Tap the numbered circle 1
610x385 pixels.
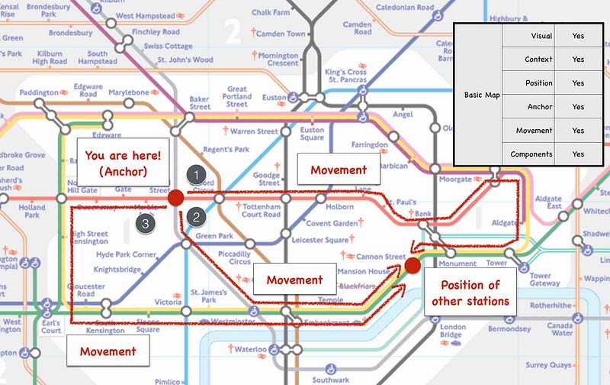point(197,175)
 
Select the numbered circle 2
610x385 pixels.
point(197,217)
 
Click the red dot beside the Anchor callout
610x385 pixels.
point(175,198)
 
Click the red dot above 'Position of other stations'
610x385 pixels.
point(413,265)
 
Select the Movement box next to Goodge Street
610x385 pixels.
point(339,170)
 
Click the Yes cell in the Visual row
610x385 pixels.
point(577,35)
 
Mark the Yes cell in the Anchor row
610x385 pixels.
point(577,107)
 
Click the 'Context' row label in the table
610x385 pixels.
point(538,59)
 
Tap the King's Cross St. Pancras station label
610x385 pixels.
point(345,76)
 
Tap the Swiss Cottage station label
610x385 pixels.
point(162,47)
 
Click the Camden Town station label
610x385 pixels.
point(280,34)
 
